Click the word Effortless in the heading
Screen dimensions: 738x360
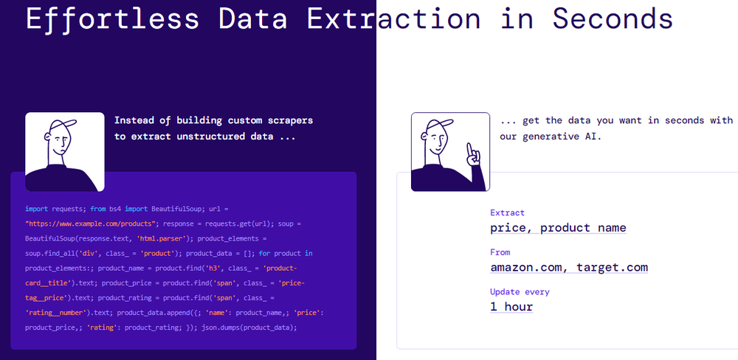pyautogui.click(x=112, y=18)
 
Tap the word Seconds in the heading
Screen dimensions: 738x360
pyautogui.click(x=613, y=18)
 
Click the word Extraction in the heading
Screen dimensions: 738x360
pyautogui.click(x=393, y=18)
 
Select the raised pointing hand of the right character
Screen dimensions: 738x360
pyautogui.click(x=472, y=155)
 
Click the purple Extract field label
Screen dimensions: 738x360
pyautogui.click(x=508, y=212)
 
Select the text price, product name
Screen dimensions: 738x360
pyautogui.click(x=558, y=228)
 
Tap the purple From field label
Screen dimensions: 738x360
pyautogui.click(x=500, y=252)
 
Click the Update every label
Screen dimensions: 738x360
pyautogui.click(x=520, y=292)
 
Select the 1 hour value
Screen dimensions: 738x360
pyautogui.click(x=511, y=307)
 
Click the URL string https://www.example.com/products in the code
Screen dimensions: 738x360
pyautogui.click(x=90, y=223)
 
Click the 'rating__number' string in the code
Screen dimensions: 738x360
pyautogui.click(x=58, y=313)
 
